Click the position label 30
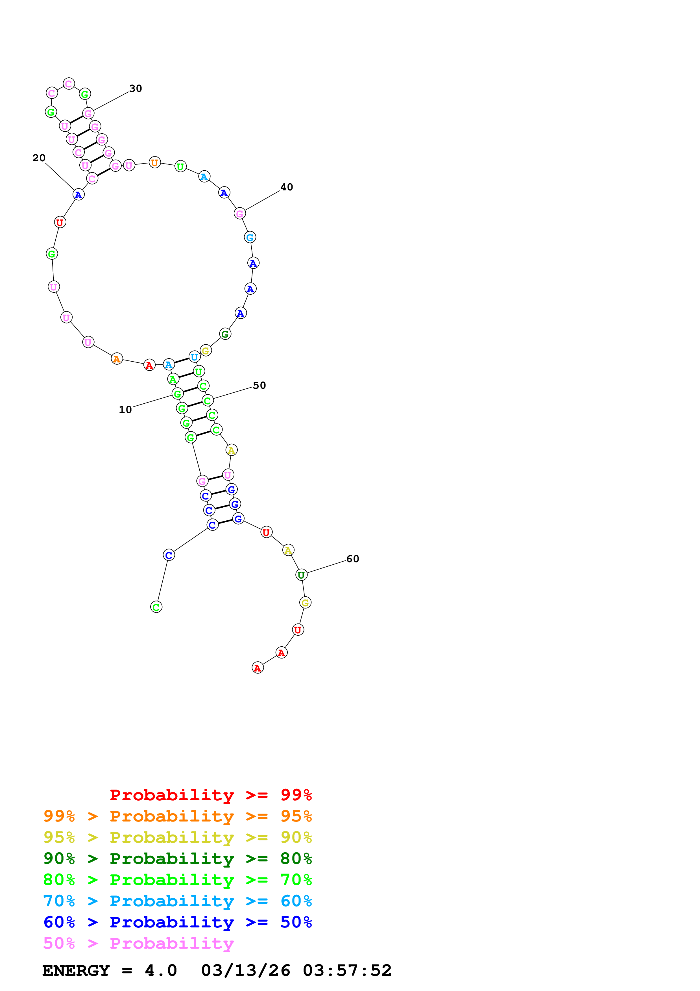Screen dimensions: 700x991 click(x=136, y=88)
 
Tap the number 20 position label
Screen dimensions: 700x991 click(x=39, y=158)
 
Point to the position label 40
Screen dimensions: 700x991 click(x=286, y=187)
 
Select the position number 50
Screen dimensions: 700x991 click(x=259, y=385)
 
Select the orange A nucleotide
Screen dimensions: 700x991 click(x=116, y=359)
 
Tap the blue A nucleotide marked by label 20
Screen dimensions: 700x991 click(x=78, y=195)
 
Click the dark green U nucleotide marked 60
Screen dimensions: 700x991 click(x=301, y=575)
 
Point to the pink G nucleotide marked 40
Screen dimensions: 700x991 click(x=240, y=213)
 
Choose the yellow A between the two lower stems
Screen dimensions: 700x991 click(x=231, y=450)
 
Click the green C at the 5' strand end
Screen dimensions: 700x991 click(x=156, y=607)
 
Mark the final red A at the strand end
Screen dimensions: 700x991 click(x=258, y=668)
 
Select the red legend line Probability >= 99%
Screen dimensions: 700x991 click(x=210, y=795)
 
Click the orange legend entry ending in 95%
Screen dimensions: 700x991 click(x=177, y=816)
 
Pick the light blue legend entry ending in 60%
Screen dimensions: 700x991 click(x=177, y=901)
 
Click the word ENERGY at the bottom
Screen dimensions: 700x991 click(x=76, y=970)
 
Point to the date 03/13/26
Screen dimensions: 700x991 click(x=245, y=970)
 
